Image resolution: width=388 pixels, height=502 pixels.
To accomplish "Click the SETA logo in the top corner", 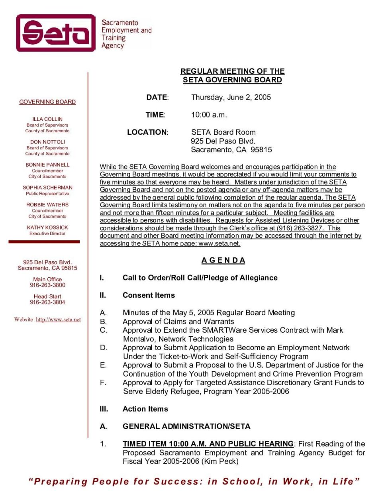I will coord(56,33).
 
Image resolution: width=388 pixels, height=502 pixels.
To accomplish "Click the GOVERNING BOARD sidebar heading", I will coord(47,102).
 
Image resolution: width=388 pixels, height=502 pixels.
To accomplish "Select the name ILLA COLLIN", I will coord(47,119).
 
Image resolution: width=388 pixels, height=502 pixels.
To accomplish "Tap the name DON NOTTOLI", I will coord(47,142).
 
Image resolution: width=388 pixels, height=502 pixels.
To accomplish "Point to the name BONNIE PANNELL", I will coord(47,165).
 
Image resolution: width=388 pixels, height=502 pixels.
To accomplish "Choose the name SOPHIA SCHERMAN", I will coord(47,188).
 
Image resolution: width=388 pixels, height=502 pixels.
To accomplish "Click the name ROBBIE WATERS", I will coord(47,205).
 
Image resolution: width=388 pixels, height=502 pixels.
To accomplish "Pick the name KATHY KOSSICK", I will coord(47,227).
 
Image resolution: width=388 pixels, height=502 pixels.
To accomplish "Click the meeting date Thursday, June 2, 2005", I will coord(231,98).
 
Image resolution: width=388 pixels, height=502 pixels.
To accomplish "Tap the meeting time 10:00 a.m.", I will coord(209,115).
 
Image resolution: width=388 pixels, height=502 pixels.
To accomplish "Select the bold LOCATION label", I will coord(147,132).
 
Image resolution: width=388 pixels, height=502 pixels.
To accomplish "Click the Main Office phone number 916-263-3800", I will coord(47,285).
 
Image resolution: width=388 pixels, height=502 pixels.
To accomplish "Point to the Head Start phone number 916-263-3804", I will coord(47,302).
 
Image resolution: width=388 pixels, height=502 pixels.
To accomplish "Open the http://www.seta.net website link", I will coord(58,320).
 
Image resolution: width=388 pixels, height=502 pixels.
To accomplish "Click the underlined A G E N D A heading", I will coord(223,261).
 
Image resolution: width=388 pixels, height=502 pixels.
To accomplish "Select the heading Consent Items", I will coord(149,295).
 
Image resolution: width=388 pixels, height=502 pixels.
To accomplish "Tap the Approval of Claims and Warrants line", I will coord(178,322).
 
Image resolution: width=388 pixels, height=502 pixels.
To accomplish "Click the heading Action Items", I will coord(145,409).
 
